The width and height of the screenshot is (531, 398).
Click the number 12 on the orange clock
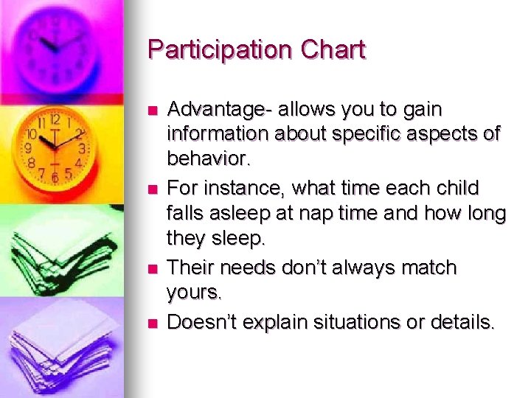tap(55, 119)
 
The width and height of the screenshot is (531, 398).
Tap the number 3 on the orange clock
tap(83, 148)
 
